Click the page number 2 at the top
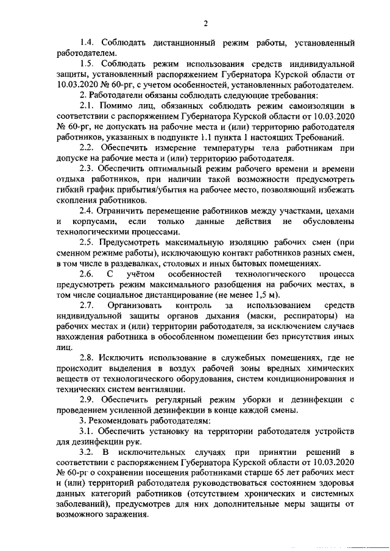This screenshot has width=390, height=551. [206, 24]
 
